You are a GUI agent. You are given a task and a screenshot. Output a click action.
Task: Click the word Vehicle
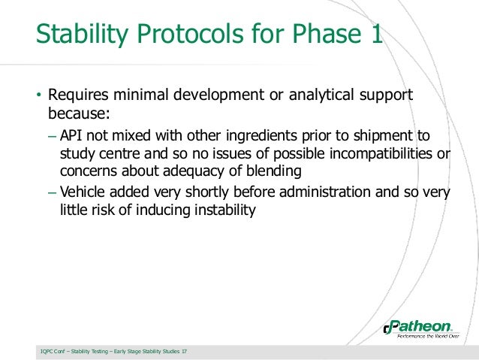tap(83, 192)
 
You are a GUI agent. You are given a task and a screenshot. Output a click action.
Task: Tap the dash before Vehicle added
tap(50, 192)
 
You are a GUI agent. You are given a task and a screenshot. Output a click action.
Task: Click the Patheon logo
tap(419, 328)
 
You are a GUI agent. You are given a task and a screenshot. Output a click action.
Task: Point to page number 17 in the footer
tap(185, 351)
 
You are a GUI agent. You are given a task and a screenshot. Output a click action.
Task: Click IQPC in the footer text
tap(47, 351)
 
